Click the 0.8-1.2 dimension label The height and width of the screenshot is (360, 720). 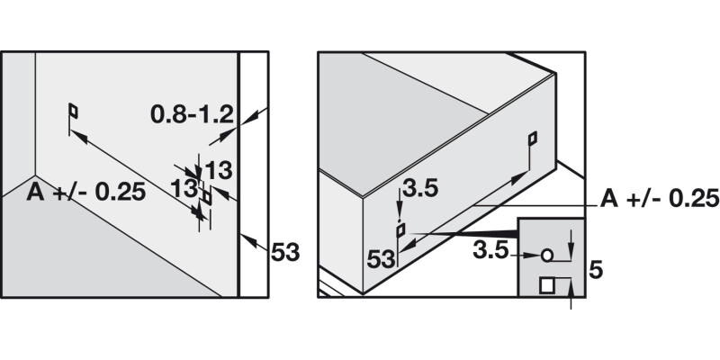[192, 115]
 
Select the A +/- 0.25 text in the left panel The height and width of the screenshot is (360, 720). [85, 193]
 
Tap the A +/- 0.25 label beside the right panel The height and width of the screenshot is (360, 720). [660, 198]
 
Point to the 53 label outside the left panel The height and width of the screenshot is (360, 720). [285, 252]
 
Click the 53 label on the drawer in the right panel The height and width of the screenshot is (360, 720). [381, 259]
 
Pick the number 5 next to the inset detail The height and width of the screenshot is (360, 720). [596, 271]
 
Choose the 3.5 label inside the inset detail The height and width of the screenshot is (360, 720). [490, 251]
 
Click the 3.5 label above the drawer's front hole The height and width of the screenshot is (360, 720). [420, 189]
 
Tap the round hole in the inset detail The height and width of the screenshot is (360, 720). [546, 255]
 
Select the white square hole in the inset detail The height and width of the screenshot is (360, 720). [546, 285]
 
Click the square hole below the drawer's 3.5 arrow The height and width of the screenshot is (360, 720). [400, 230]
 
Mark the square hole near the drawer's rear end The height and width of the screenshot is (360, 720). [533, 139]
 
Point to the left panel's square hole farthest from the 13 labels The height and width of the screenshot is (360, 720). [73, 111]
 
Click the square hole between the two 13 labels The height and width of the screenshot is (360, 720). [207, 197]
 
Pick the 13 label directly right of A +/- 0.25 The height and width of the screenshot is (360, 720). [184, 189]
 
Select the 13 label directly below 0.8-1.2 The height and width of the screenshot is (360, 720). [218, 171]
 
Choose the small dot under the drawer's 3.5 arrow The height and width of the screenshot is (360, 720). [400, 220]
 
